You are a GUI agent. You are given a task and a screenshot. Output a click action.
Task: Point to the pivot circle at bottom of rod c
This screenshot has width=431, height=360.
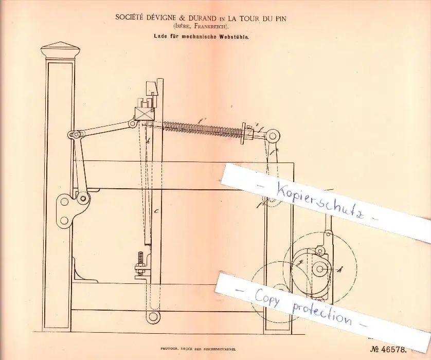pos(153,316)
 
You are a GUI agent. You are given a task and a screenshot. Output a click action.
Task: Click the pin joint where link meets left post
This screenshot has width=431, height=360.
pos(75,135)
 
